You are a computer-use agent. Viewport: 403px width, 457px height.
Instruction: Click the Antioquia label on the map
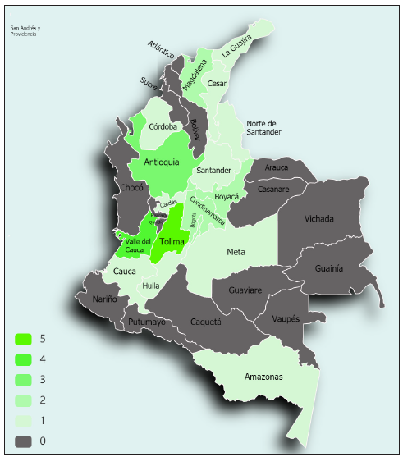click(162, 162)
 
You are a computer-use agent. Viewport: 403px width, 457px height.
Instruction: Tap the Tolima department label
click(172, 242)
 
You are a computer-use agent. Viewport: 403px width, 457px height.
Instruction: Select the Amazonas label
click(263, 377)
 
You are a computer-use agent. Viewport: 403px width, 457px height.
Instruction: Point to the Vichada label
click(318, 219)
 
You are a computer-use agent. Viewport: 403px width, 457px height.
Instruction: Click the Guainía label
click(328, 268)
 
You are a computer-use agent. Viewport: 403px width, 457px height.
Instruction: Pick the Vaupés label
click(285, 318)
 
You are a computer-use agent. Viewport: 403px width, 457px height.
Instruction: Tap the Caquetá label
click(205, 322)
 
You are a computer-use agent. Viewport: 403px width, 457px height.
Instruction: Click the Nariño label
click(105, 299)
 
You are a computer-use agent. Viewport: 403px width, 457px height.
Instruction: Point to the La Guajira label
click(236, 52)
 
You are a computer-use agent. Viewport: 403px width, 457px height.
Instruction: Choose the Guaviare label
click(245, 290)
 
